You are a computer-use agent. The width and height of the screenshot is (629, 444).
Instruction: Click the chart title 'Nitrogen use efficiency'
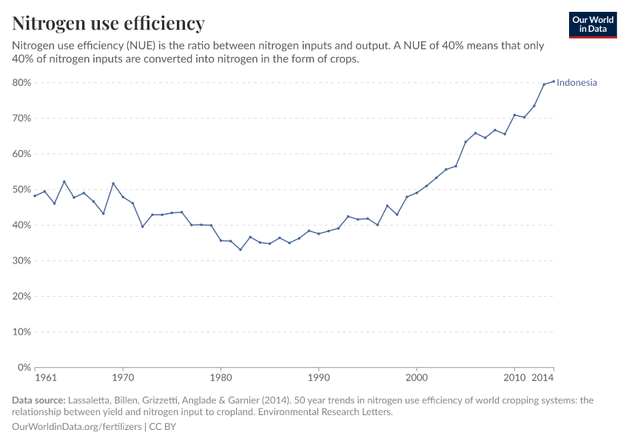(x=108, y=24)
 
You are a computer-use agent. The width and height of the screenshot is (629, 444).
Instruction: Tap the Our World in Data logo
(x=592, y=24)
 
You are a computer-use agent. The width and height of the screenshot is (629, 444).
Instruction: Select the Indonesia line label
(x=576, y=83)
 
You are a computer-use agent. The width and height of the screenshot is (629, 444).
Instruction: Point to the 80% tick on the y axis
(x=21, y=83)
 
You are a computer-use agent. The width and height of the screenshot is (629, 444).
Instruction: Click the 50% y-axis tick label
(x=21, y=189)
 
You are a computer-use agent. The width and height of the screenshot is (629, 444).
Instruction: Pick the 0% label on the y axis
(x=24, y=368)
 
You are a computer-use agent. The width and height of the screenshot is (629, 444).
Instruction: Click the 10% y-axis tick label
(x=21, y=332)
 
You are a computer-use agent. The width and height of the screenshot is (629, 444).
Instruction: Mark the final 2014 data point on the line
(x=554, y=81)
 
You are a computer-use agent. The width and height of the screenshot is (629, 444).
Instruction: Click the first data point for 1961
(x=35, y=196)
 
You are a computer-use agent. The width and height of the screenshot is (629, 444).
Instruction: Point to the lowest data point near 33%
(x=240, y=249)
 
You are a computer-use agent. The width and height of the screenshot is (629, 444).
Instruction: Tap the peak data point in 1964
(x=64, y=181)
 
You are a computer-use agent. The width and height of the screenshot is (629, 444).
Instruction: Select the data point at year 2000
(x=417, y=193)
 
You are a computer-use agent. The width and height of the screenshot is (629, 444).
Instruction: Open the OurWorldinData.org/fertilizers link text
(x=78, y=427)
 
